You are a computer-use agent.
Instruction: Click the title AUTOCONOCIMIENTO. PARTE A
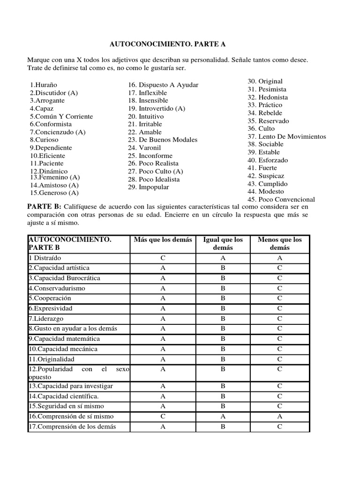pyautogui.click(x=167, y=44)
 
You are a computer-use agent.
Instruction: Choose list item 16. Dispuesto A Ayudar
pyautogui.click(x=163, y=85)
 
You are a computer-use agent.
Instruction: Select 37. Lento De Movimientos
pyautogui.click(x=287, y=136)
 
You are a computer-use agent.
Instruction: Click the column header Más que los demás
pyautogui.click(x=163, y=240)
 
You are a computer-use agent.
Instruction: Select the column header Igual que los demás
pyautogui.click(x=223, y=243)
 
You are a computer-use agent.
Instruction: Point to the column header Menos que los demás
pyautogui.click(x=279, y=243)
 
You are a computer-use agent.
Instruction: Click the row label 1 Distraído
pyautogui.click(x=45, y=258)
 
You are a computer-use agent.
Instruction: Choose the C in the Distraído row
pyautogui.click(x=163, y=258)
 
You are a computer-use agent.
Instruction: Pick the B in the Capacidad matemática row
pyautogui.click(x=223, y=339)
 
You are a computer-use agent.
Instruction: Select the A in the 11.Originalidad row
pyautogui.click(x=163, y=359)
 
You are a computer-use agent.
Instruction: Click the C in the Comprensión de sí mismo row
pyautogui.click(x=163, y=416)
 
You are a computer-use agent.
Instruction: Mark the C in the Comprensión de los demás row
pyautogui.click(x=279, y=427)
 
